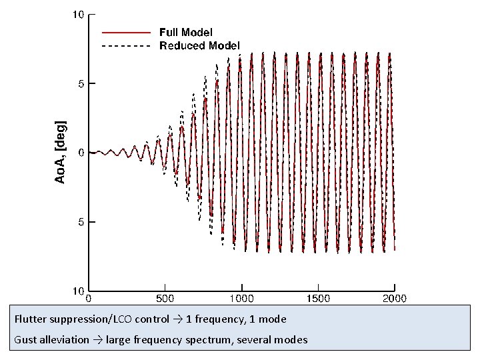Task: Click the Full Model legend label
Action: (x=186, y=32)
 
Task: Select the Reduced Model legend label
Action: (x=199, y=45)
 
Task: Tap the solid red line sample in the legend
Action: (x=126, y=32)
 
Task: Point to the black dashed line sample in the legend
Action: (x=126, y=46)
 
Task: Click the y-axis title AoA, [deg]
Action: (x=61, y=152)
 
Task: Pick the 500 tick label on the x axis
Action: (x=165, y=299)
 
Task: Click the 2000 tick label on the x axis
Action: (x=394, y=299)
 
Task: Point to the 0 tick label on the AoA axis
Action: (x=81, y=153)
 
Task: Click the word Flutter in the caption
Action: (x=29, y=319)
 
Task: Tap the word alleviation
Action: (x=64, y=340)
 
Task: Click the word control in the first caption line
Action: (x=153, y=319)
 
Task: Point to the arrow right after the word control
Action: (x=177, y=319)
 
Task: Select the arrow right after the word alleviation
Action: (x=97, y=340)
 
